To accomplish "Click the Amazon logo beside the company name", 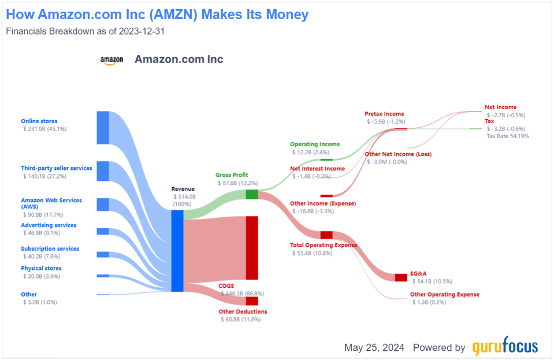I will [x=111, y=60].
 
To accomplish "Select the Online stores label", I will [x=39, y=121].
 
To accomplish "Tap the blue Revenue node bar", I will [x=177, y=250].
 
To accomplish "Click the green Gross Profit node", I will [x=252, y=194].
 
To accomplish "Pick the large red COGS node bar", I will [x=252, y=247].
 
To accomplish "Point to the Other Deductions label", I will [x=243, y=311].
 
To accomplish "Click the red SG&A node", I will [x=401, y=277].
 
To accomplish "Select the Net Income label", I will [x=500, y=107].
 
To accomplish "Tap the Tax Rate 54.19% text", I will [x=507, y=136].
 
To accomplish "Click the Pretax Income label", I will [x=384, y=114].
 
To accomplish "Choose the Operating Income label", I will [x=315, y=144].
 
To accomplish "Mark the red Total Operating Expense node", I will [x=326, y=235].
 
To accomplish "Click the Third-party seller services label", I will [x=57, y=168].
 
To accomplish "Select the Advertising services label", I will [x=49, y=225].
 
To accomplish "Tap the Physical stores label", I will [x=41, y=268].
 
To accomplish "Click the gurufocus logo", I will [x=505, y=347].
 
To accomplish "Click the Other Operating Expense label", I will [x=444, y=294].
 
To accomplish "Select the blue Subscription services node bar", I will [x=103, y=254].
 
